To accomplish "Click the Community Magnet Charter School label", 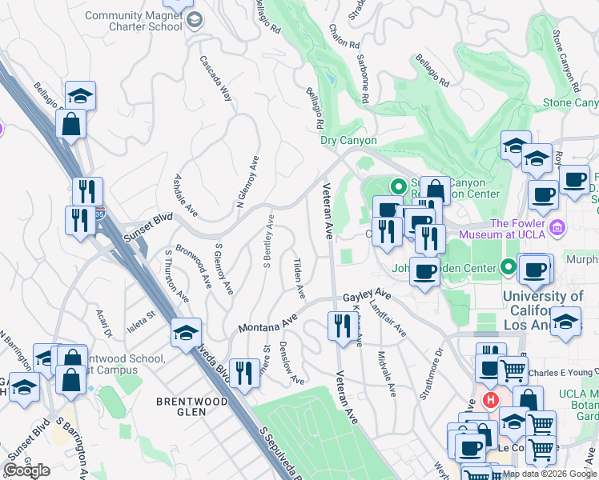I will click(133, 21).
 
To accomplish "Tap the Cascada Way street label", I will click(215, 77).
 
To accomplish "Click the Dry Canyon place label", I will click(348, 140).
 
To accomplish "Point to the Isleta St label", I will click(140, 319).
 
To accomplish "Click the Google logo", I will click(26, 470).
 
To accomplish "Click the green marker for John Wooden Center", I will click(505, 266).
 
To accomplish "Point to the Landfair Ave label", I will click(388, 318).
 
